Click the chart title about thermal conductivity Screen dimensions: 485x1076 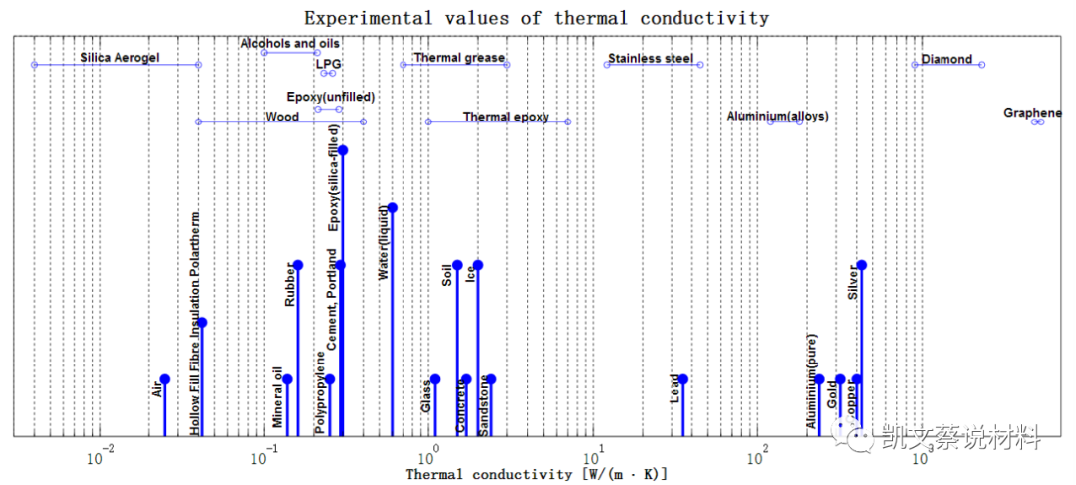tap(536, 18)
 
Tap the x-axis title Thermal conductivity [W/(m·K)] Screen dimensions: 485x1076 tap(536, 475)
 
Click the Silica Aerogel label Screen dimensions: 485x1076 tap(120, 58)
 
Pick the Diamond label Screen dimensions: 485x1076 tap(946, 59)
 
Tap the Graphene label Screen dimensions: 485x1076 tap(1033, 113)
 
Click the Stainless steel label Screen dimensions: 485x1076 tap(651, 59)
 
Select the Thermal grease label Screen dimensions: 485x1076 tap(459, 58)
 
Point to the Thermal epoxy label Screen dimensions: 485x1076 tap(506, 117)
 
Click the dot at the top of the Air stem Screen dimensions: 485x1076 tap(165, 379)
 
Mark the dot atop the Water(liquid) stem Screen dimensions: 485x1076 tap(393, 207)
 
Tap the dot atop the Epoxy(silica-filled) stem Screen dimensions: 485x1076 tap(343, 150)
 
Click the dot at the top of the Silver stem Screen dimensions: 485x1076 tap(861, 265)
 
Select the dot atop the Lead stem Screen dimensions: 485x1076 tap(683, 379)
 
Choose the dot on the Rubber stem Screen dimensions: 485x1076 tap(298, 265)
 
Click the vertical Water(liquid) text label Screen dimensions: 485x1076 tap(384, 242)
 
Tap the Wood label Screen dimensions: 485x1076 tap(282, 117)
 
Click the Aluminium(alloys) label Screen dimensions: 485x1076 tap(777, 117)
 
